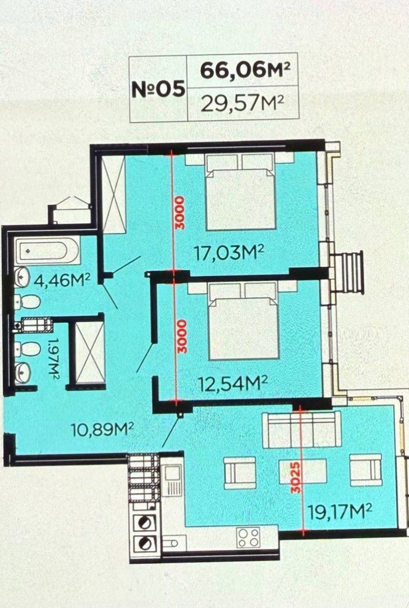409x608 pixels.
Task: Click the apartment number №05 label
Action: [x=159, y=88]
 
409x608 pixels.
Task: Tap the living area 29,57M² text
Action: [x=242, y=104]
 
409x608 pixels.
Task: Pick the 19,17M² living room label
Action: [x=340, y=511]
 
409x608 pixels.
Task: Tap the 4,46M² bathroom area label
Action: [x=62, y=281]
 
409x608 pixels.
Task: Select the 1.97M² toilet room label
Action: [x=54, y=359]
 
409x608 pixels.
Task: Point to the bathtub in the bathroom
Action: [x=47, y=250]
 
